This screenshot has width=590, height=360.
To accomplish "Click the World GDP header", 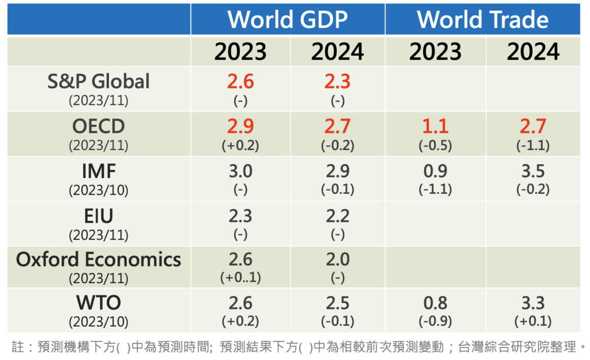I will (x=288, y=20).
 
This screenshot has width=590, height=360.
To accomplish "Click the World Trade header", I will (x=483, y=20).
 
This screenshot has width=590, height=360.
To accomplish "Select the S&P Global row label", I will (x=98, y=81).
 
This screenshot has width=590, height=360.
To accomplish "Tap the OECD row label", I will (x=98, y=126).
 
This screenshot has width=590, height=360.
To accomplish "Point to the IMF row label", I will (x=98, y=172).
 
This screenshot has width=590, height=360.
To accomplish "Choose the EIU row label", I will (x=98, y=216).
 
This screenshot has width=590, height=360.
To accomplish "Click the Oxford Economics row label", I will (x=98, y=259).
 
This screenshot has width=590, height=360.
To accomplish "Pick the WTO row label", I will (x=98, y=302).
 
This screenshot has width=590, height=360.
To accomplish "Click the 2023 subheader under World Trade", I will (x=435, y=52).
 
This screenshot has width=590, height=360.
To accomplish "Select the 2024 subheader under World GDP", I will (x=337, y=52).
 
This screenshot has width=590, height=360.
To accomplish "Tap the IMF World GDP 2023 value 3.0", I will (x=240, y=172).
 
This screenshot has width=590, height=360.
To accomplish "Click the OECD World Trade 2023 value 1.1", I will (x=435, y=126).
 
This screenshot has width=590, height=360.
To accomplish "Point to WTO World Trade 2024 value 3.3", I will (x=533, y=302).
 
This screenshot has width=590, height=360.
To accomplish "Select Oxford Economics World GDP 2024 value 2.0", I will (x=337, y=259).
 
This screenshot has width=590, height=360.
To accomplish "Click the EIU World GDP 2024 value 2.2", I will (x=337, y=216).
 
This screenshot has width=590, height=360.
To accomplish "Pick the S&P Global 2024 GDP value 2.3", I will (x=337, y=81).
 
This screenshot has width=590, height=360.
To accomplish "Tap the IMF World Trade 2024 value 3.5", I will (x=533, y=172).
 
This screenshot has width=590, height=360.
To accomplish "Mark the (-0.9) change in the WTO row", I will (x=435, y=321).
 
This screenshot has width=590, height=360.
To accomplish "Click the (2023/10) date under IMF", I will (x=98, y=190).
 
